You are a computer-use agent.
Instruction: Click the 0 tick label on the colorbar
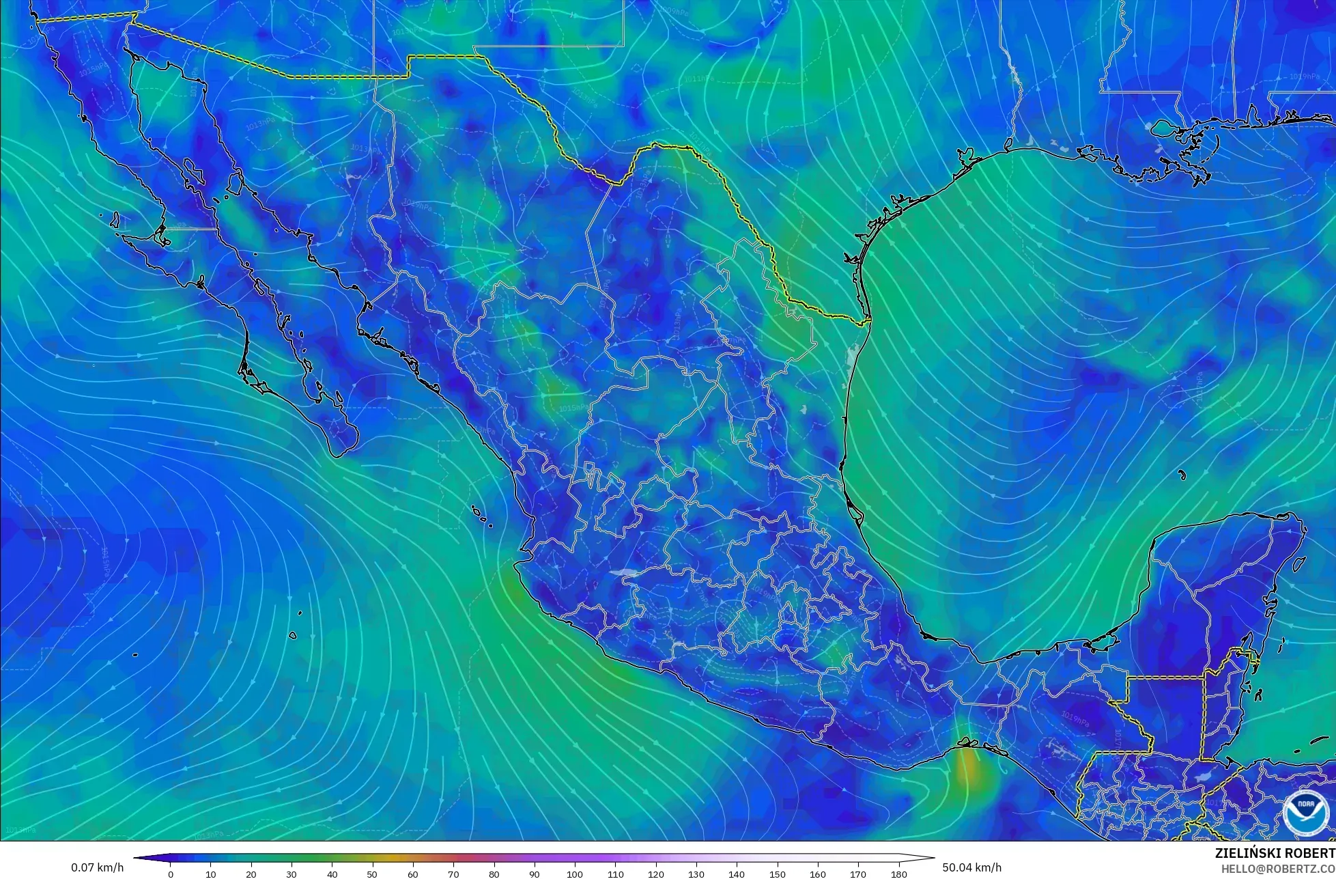coord(171,874)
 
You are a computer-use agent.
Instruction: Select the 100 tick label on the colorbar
coord(575,874)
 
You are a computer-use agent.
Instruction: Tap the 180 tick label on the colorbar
coord(898,874)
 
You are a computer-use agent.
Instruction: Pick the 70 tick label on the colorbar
coord(453,874)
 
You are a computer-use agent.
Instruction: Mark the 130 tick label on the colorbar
coord(696,874)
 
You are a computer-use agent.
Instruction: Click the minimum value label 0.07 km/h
coord(98,867)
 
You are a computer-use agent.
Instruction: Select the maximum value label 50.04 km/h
coord(972,867)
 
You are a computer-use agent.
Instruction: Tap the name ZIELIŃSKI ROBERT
coord(1275,853)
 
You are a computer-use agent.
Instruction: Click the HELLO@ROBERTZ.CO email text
coord(1278,868)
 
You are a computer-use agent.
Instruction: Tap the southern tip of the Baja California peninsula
coord(339,454)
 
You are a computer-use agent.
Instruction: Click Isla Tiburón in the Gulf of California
coord(236,183)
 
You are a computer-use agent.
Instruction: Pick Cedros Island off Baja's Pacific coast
coord(114,221)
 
